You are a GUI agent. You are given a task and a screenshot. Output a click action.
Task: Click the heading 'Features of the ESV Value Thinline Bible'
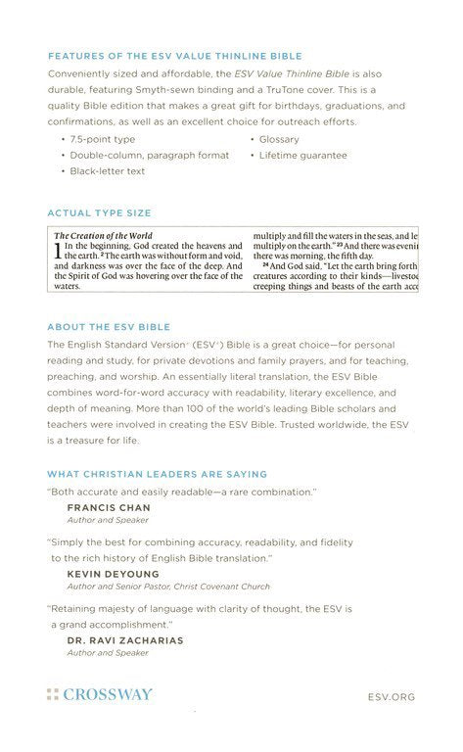[x=174, y=58]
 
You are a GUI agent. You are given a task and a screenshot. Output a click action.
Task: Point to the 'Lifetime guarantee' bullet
[x=303, y=155]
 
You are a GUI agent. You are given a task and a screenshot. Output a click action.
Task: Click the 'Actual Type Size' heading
[x=99, y=211]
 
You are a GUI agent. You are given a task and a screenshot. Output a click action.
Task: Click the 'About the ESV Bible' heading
[x=122, y=326]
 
